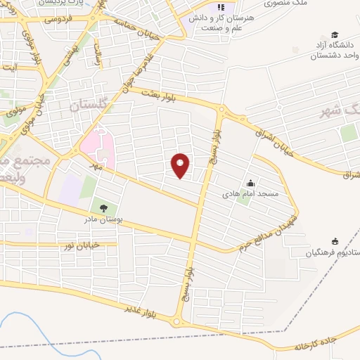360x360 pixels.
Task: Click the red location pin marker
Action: click(181, 166)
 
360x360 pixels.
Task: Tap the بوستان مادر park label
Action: click(103, 219)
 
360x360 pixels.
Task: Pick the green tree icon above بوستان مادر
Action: click(103, 209)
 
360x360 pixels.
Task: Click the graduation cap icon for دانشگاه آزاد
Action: click(335, 35)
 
